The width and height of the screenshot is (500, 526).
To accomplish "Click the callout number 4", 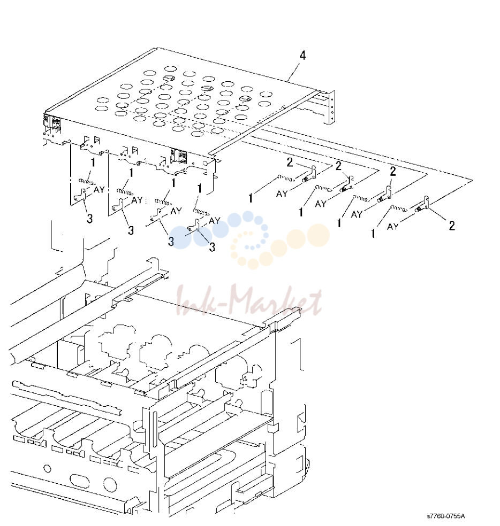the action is click(302, 56).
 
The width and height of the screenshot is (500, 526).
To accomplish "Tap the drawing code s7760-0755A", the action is click(446, 516).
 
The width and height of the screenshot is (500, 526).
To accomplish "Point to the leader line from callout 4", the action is click(294, 72).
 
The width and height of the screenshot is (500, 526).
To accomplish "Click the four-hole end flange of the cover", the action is click(331, 107).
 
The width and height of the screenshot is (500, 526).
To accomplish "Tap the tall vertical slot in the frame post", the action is click(154, 433).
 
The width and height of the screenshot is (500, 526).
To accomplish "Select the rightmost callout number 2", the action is click(452, 226).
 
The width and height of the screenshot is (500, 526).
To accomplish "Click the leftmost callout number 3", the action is click(90, 219).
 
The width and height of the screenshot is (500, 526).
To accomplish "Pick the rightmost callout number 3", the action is click(212, 247).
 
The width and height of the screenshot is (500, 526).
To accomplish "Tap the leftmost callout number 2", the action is click(290, 163).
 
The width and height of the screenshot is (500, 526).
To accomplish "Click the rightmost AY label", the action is click(392, 227).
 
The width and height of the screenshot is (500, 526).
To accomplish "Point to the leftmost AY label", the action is click(99, 190).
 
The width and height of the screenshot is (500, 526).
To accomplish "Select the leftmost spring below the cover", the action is click(86, 182).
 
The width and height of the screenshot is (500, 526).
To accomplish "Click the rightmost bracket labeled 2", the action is click(423, 205).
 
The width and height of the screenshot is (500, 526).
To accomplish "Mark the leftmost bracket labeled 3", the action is click(80, 195).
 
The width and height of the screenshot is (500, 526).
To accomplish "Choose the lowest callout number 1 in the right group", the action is click(373, 234).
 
